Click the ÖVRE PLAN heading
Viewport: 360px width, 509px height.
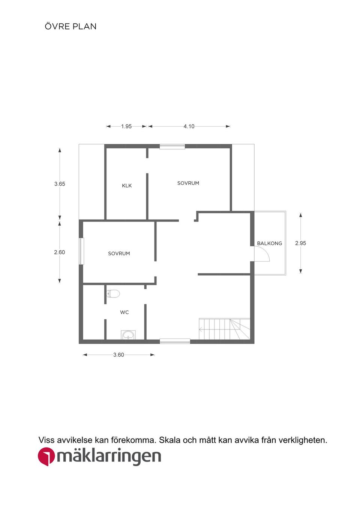pos(70,26)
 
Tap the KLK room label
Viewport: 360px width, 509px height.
pos(127,186)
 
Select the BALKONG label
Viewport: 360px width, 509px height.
pos(270,243)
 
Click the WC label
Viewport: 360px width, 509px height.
pos(124,312)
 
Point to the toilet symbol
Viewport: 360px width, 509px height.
pos(113,294)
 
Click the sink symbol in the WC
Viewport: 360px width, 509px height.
pos(128,335)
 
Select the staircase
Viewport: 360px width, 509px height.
pos(225,329)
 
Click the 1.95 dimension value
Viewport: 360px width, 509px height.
pos(126,126)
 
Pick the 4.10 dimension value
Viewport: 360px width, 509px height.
pos(189,126)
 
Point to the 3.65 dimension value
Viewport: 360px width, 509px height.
pos(60,184)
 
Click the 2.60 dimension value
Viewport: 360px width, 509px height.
pos(60,252)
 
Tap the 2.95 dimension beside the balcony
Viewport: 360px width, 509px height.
pos(300,243)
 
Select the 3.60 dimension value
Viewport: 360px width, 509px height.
pos(118,355)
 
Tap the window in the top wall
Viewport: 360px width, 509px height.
pos(172,147)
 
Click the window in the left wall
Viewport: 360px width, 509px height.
pos(81,251)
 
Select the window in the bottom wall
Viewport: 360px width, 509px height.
pos(175,341)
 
